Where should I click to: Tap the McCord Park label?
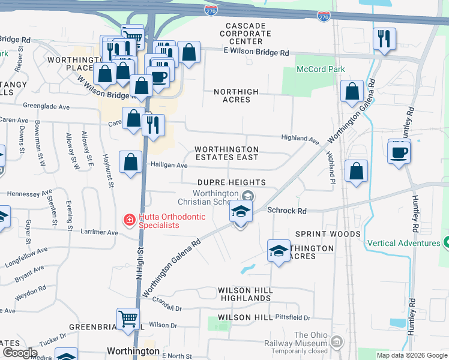click(321, 69)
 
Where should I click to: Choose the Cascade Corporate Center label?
click(245, 34)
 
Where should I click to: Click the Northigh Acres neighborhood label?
click(237, 95)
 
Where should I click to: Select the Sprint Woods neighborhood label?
click(328, 233)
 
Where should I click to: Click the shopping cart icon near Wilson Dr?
click(128, 319)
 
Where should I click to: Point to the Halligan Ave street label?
click(169, 165)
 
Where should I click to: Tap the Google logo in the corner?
click(19, 352)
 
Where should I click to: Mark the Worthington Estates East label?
click(226, 153)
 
